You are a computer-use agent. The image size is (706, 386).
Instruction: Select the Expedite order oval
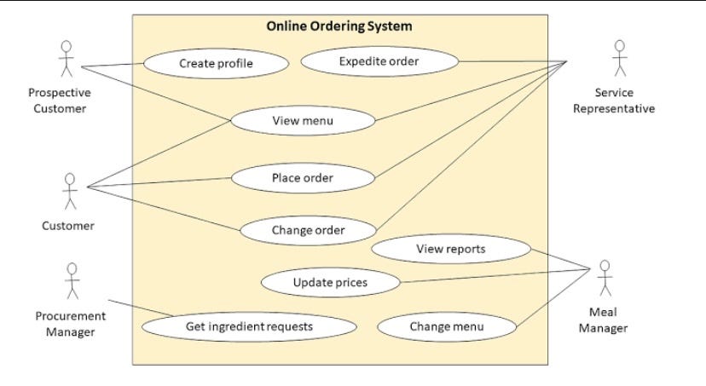pos(379,61)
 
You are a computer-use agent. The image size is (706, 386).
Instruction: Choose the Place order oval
pos(303,178)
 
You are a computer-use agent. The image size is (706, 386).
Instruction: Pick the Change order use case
pos(308,230)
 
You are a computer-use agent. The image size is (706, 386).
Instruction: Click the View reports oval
pos(451,249)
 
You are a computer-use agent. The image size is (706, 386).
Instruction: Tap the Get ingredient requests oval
pos(249,326)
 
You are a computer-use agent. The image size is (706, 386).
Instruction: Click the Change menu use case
pos(446,326)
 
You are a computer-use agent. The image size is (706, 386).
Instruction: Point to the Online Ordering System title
pos(339,26)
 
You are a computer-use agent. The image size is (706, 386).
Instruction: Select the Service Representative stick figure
pos(620,59)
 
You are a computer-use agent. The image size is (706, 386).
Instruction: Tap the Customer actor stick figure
pos(69,191)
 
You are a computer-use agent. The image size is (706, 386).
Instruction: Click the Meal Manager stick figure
pos(605,277)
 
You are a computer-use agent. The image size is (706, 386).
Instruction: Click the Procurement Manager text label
pos(71,324)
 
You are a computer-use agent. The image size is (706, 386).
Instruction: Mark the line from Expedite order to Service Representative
pos(512,61)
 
